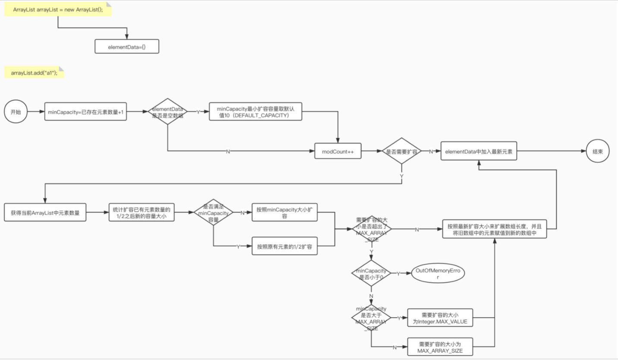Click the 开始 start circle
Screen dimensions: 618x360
pyautogui.click(x=16, y=111)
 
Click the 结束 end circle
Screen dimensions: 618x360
pyautogui.click(x=598, y=151)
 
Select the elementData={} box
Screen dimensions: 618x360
pyautogui.click(x=127, y=46)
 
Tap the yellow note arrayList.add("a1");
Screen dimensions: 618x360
pyautogui.click(x=34, y=73)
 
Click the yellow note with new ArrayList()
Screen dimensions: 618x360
pyautogui.click(x=58, y=9)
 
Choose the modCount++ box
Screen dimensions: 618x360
pyautogui.click(x=338, y=151)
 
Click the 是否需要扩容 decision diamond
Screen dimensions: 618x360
pyautogui.click(x=402, y=151)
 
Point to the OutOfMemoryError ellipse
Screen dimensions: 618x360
pyautogui.click(x=438, y=273)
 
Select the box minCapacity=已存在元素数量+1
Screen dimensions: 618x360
pyautogui.click(x=85, y=111)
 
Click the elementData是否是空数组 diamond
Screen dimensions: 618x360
pyautogui.click(x=167, y=111)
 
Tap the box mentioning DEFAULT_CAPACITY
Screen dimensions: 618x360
pyautogui.click(x=255, y=111)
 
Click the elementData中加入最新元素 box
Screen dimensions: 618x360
pyautogui.click(x=479, y=151)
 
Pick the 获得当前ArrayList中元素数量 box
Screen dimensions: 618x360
pyautogui.click(x=45, y=212)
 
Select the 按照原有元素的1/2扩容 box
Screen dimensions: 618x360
pyautogui.click(x=284, y=246)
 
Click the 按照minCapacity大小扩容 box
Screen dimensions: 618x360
pyautogui.click(x=284, y=212)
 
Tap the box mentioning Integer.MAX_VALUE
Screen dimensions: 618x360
pyautogui.click(x=440, y=318)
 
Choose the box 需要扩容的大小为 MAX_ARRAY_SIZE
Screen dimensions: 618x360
pyautogui.click(x=440, y=347)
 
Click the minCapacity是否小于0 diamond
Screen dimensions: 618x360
pyautogui.click(x=371, y=273)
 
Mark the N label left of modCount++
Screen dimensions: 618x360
pyautogui.click(x=228, y=152)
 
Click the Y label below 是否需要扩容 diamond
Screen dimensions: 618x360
pyautogui.click(x=402, y=176)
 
